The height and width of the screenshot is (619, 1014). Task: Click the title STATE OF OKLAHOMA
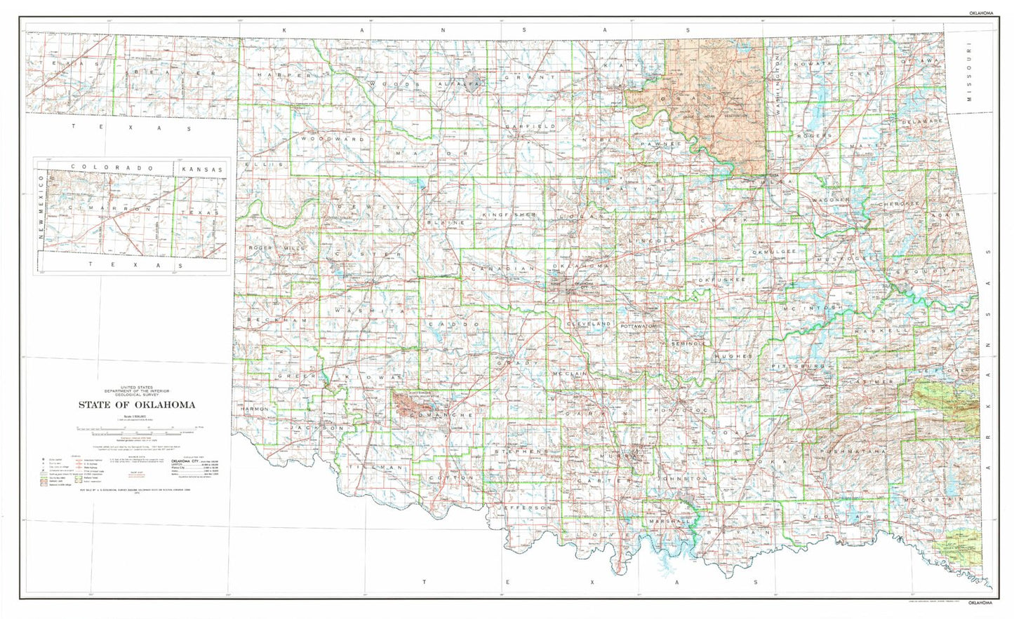pyautogui.click(x=137, y=404)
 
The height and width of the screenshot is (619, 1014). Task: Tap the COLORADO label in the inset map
pyautogui.click(x=112, y=169)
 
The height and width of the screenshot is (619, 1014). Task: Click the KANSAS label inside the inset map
pyautogui.click(x=201, y=170)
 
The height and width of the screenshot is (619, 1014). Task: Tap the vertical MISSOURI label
pyautogui.click(x=970, y=74)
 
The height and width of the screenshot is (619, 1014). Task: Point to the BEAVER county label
pyautogui.click(x=171, y=73)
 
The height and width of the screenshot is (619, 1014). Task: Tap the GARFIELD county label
pyautogui.click(x=531, y=126)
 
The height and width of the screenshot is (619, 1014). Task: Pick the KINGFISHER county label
pyautogui.click(x=509, y=213)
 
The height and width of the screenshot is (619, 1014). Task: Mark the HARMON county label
pyautogui.click(x=254, y=408)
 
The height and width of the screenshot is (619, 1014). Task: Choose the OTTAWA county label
pyautogui.click(x=919, y=61)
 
